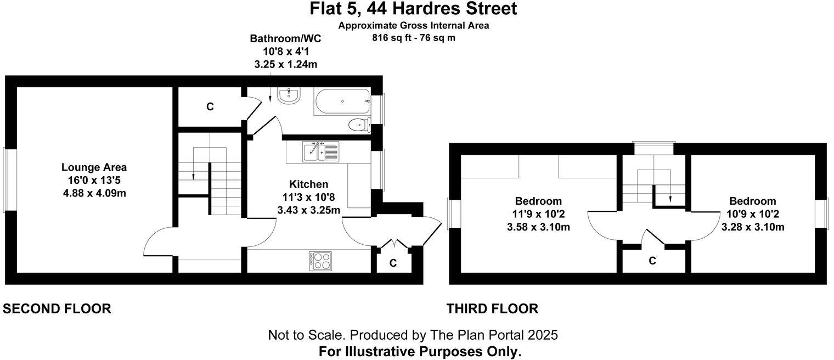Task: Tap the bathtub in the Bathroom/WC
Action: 341,102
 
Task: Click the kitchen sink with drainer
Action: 320,151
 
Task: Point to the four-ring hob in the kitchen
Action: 320,260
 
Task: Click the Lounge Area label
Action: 94,167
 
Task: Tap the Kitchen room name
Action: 308,184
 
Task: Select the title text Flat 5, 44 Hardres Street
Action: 413,9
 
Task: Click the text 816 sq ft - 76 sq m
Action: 414,38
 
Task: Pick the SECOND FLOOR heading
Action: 57,309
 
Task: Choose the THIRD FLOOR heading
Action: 492,309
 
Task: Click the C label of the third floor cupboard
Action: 652,261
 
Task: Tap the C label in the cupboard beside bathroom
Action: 210,107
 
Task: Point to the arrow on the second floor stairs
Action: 194,176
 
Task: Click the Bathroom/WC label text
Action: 285,39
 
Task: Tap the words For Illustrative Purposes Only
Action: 420,351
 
